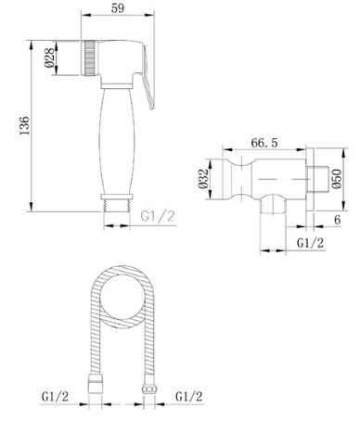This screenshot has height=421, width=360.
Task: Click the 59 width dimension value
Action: (x=118, y=8)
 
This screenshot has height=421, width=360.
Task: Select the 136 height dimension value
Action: (x=24, y=125)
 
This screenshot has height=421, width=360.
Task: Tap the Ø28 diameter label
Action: (x=49, y=58)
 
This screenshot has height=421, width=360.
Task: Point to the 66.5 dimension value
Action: (x=264, y=143)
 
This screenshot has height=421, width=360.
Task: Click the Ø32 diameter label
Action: (x=203, y=179)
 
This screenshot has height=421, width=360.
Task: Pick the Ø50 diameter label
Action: (x=337, y=179)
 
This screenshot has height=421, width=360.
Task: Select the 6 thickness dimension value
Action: (x=337, y=220)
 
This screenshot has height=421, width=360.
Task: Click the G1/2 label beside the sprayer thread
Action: (x=158, y=216)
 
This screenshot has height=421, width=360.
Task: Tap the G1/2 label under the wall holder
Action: (x=310, y=243)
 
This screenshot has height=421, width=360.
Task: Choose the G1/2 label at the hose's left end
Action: (x=55, y=396)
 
